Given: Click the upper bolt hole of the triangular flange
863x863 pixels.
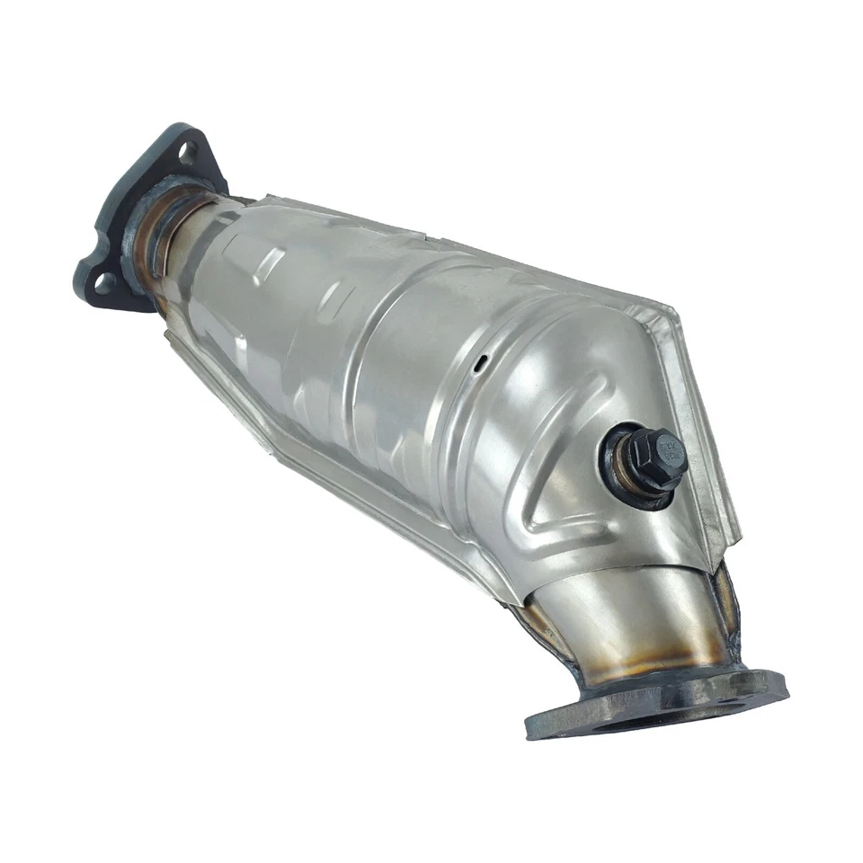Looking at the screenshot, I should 187,152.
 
